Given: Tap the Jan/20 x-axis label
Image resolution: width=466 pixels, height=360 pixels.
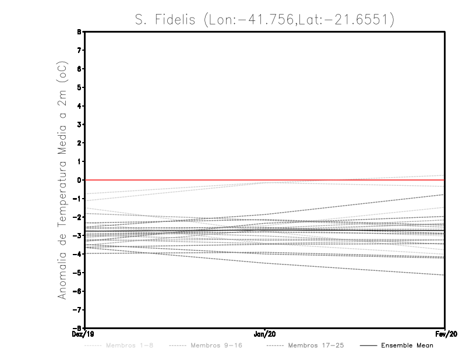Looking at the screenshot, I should [265, 334].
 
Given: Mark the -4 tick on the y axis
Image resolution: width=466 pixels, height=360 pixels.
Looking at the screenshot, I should [80, 254].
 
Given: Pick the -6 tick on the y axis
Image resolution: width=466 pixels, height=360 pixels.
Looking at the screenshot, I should [80, 291].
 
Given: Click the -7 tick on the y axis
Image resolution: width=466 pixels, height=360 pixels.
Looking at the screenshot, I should [80, 309].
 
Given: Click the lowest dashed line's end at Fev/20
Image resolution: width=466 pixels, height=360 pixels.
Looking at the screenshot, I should [444, 275].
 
